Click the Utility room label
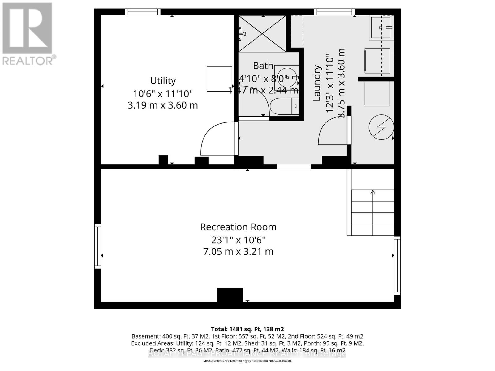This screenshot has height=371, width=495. (x=163, y=81)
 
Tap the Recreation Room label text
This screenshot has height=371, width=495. (x=238, y=227)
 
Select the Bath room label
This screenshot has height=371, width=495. (x=263, y=66)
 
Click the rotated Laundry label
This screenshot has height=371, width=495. (x=316, y=83)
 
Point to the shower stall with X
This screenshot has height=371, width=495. (x=262, y=34)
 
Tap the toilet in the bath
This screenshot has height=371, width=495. (x=284, y=106)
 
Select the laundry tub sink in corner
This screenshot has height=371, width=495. (x=381, y=28)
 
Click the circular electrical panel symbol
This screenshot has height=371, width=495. (x=381, y=127)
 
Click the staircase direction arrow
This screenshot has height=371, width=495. (x=373, y=192)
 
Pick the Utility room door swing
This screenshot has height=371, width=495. (x=217, y=139)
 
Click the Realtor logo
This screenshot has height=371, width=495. (x=28, y=34)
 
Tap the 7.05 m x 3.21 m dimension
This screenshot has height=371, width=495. (x=238, y=252)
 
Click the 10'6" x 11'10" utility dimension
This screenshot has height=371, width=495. (x=163, y=93)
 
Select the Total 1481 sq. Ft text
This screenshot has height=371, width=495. (x=247, y=329)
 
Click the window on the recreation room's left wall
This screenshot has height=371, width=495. (x=97, y=246)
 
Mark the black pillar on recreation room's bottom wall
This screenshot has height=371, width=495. (x=230, y=295)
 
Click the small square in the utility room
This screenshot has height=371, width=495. (x=219, y=79)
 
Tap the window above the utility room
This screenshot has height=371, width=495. (x=143, y=12)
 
